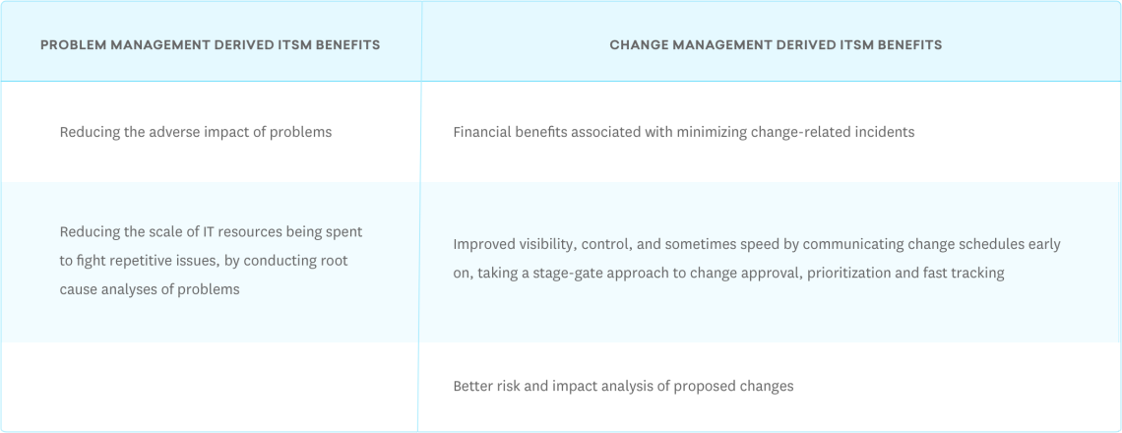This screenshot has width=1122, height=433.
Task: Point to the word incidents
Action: [883, 132]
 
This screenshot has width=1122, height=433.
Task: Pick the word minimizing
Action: [712, 132]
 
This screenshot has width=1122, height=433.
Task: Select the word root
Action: [333, 261]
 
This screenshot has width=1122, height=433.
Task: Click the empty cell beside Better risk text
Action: [210, 386]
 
